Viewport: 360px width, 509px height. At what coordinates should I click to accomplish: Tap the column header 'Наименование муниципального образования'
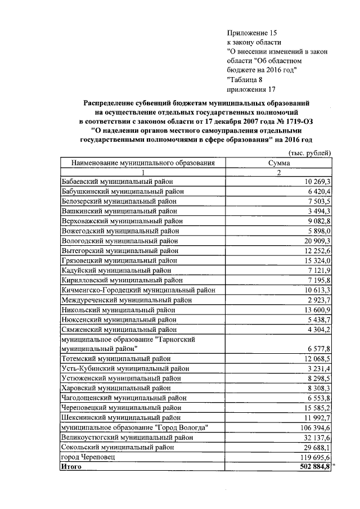click(143, 163)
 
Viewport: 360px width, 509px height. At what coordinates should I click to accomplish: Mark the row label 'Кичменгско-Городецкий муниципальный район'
click(138, 290)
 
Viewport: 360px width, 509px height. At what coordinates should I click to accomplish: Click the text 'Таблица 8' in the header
click(245, 79)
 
